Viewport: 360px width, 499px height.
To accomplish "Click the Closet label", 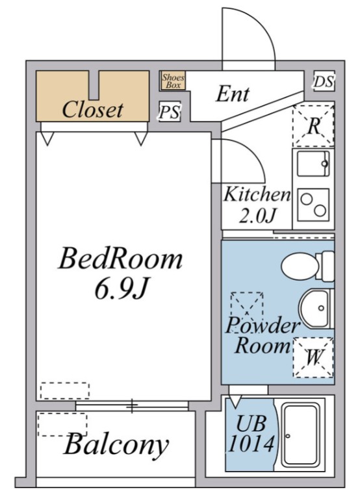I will pyautogui.click(x=92, y=109).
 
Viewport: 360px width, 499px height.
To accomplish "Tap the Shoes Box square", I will pyautogui.click(x=174, y=81).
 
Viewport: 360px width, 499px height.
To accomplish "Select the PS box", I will pyautogui.click(x=170, y=112).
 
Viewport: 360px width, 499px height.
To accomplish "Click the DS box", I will pyautogui.click(x=323, y=81).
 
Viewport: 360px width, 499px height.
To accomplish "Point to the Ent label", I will pyautogui.click(x=233, y=94).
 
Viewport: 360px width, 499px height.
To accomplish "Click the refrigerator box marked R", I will pyautogui.click(x=313, y=125).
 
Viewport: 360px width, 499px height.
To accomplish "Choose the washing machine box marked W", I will pyautogui.click(x=313, y=357).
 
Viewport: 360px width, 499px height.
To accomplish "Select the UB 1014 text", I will pyautogui.click(x=251, y=435).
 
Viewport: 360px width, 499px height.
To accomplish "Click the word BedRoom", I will pyautogui.click(x=120, y=259).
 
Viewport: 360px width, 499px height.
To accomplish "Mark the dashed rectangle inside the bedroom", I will pyautogui.click(x=64, y=390).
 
